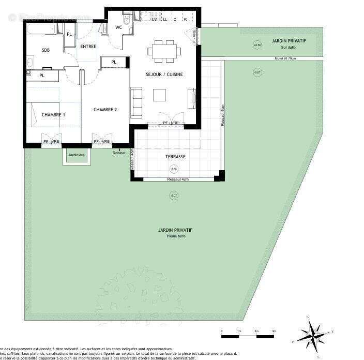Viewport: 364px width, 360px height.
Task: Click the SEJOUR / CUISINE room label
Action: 164,74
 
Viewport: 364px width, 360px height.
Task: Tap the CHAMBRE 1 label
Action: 53,115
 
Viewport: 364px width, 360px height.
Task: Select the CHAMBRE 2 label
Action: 105,110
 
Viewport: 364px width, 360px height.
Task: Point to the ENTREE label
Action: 88,47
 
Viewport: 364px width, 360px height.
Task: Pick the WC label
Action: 118,27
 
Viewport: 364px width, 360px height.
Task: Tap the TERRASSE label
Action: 175,156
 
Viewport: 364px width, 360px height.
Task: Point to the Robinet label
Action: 119,153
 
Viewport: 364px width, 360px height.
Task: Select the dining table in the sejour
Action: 164,51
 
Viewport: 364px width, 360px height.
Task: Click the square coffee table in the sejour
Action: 160,95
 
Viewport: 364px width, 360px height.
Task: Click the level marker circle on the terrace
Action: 174,169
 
